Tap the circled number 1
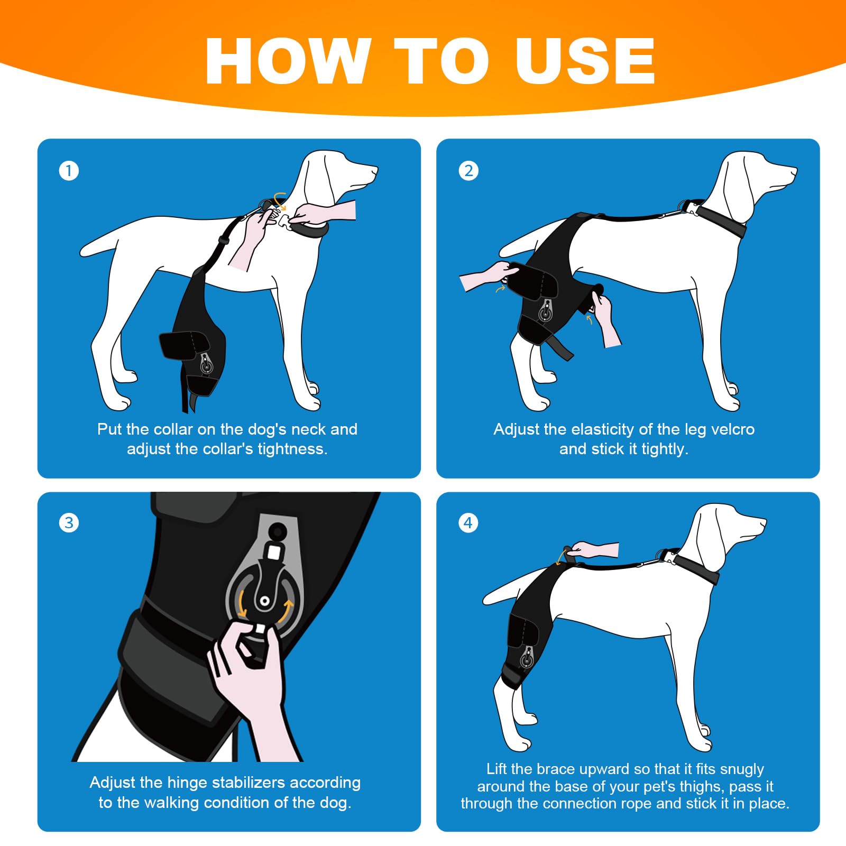click(69, 171)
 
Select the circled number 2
click(468, 171)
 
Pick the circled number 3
click(69, 523)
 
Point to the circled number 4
click(468, 523)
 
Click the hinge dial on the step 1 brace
click(206, 364)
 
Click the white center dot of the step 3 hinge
click(264, 601)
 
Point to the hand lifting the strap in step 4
click(595, 550)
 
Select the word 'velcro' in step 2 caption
click(732, 429)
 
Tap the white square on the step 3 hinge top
click(273, 554)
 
